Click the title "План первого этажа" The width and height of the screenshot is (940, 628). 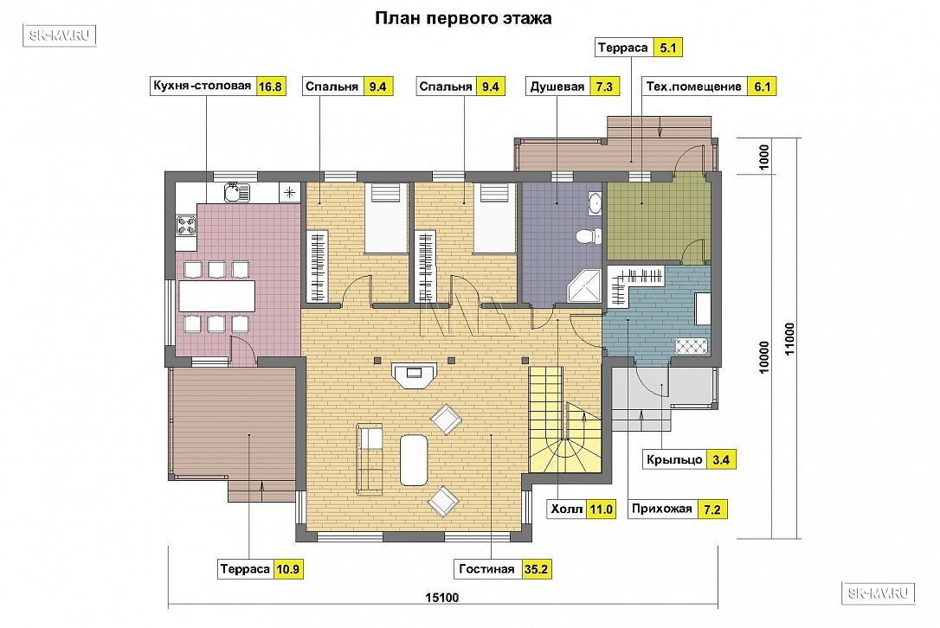[x=463, y=18]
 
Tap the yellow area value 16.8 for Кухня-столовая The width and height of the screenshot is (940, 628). [x=270, y=87]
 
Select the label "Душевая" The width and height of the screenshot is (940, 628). [x=557, y=87]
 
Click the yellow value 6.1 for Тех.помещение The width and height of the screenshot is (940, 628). [x=762, y=87]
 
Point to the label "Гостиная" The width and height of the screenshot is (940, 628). [x=486, y=569]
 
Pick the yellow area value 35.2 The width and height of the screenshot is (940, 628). [x=536, y=569]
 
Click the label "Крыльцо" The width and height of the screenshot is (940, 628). [x=674, y=459]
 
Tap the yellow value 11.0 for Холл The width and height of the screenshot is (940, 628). [x=601, y=509]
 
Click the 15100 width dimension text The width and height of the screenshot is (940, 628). [x=441, y=598]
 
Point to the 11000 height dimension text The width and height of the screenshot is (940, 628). [x=789, y=338]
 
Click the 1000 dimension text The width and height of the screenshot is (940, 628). [x=763, y=157]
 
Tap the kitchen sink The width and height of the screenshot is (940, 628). [x=237, y=192]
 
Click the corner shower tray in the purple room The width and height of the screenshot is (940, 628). [x=584, y=285]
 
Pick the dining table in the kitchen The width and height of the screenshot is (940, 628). [x=217, y=296]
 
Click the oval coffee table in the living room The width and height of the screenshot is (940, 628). [x=414, y=460]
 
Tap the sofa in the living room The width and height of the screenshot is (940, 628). [x=370, y=459]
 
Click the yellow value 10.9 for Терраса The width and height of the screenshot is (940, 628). [x=287, y=569]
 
